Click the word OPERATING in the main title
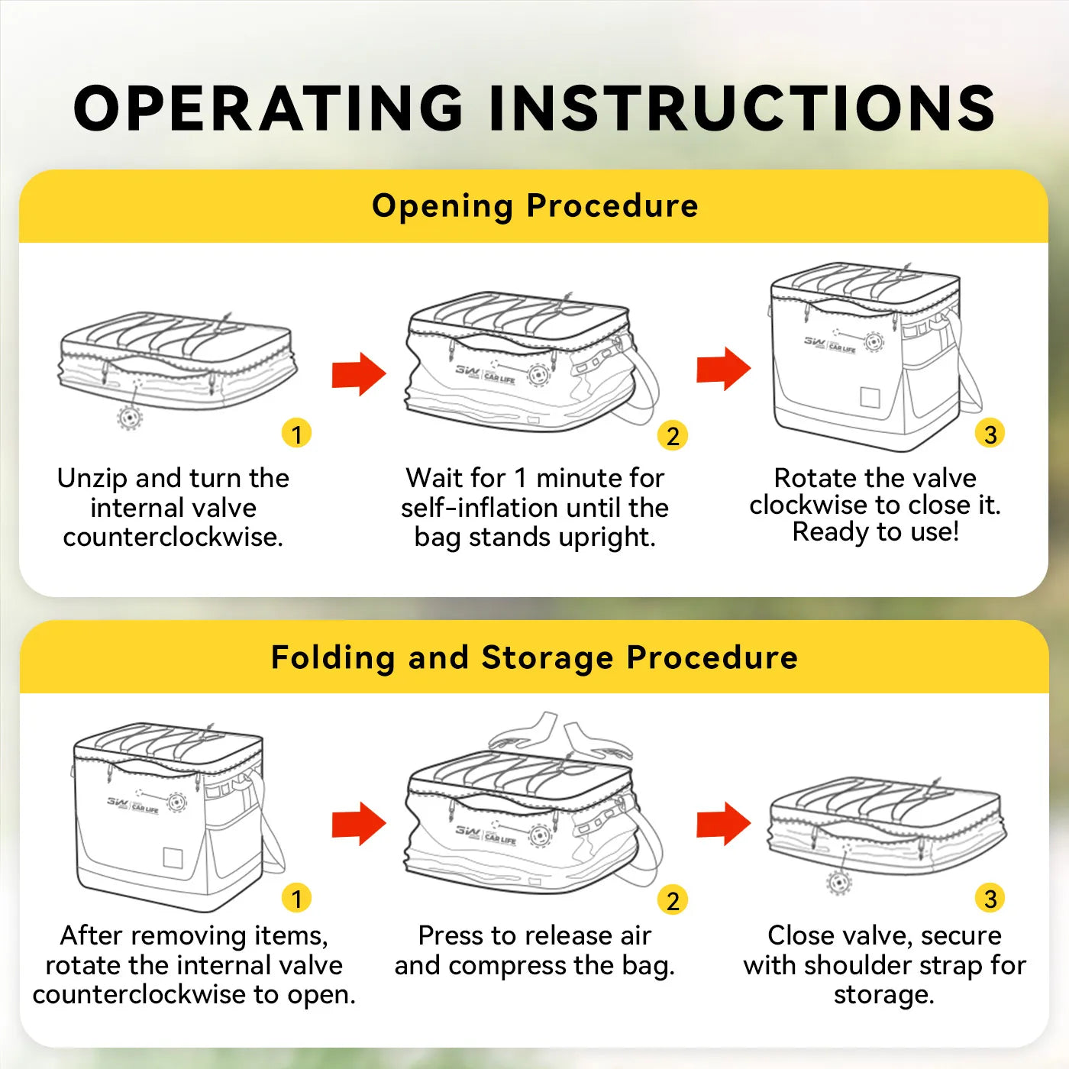pos(269,108)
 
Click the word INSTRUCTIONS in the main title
pos(742,108)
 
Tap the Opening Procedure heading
pos(534,206)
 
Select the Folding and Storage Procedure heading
pos(534,658)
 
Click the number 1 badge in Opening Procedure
pos(296,433)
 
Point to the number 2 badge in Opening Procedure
pos(673,436)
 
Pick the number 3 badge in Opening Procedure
pos(990,434)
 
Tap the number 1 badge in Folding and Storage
pos(296,898)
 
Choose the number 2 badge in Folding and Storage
pos(673,900)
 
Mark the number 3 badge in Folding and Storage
pos(990,898)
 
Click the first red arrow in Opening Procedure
pos(359,374)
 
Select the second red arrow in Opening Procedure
pos(723,369)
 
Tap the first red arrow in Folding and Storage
pos(359,824)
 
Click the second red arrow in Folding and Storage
pos(723,823)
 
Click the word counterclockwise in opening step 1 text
pos(173,537)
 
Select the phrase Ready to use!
pos(875,532)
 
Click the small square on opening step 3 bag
pos(870,397)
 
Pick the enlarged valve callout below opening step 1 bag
pos(130,417)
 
